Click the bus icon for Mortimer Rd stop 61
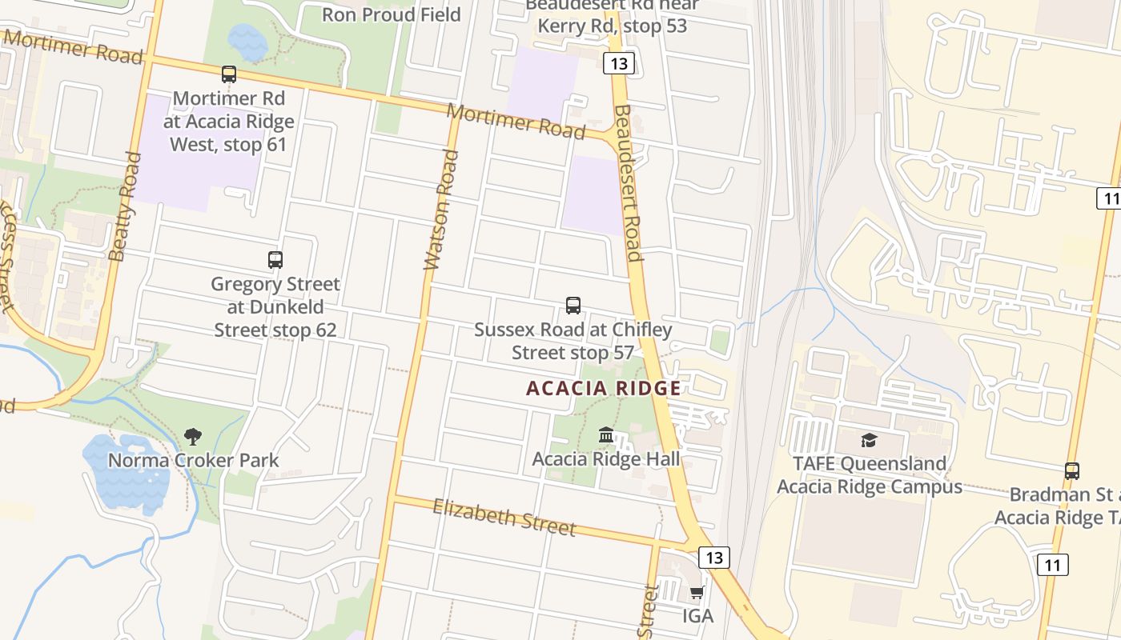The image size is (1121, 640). click(229, 74)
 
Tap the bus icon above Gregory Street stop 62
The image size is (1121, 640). click(275, 260)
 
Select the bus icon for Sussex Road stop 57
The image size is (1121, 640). click(573, 305)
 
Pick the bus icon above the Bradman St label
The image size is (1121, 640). click(1072, 471)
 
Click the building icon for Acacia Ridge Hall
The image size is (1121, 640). click(606, 435)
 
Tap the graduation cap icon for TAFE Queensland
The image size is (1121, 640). click(869, 440)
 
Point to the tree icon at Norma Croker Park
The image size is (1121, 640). click(193, 437)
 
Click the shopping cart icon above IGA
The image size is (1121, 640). click(697, 593)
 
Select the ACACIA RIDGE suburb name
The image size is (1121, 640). click(604, 389)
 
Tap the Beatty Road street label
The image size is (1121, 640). click(124, 206)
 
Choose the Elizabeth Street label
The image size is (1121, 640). click(504, 517)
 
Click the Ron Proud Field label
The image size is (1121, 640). click(392, 14)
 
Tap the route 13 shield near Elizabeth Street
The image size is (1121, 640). click(713, 557)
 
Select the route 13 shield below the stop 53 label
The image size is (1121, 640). click(619, 63)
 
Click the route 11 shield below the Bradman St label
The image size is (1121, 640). click(1052, 566)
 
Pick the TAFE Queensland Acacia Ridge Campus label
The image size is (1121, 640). click(870, 475)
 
